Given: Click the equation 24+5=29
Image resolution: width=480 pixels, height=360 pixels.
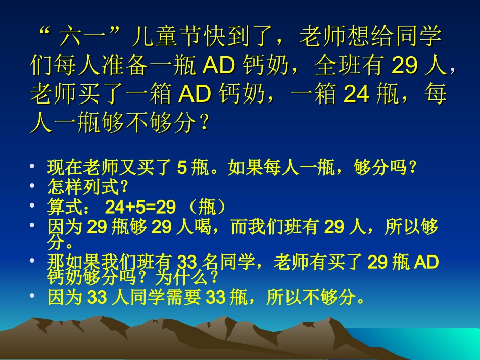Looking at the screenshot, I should pyautogui.click(x=140, y=207).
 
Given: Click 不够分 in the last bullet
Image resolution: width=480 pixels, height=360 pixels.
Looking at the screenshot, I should pyautogui.click(x=329, y=298).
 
